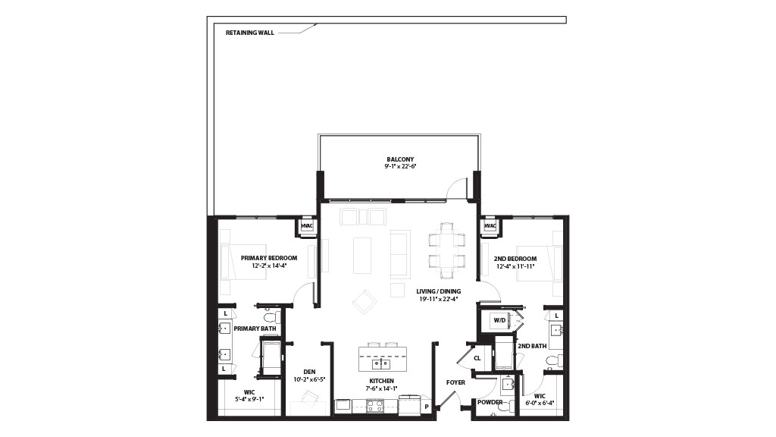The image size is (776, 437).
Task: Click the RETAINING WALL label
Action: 250,33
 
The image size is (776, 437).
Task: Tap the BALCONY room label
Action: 400,159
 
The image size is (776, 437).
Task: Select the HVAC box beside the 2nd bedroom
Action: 490,226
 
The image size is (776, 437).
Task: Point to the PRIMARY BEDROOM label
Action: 269,258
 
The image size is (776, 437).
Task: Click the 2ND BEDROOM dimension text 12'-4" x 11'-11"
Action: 515,266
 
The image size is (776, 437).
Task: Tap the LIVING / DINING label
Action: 439,291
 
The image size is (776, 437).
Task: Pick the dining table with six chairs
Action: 447,251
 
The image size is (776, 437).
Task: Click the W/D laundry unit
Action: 499,321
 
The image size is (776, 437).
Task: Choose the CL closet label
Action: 477,358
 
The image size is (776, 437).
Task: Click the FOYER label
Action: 455,382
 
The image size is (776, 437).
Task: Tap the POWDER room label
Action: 490,402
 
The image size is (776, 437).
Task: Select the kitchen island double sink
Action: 381,364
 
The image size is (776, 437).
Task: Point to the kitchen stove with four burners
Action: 374,407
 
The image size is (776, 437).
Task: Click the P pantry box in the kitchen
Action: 426,407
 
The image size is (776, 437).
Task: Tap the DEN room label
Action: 309,372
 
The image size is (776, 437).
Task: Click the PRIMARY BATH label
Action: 255,329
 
